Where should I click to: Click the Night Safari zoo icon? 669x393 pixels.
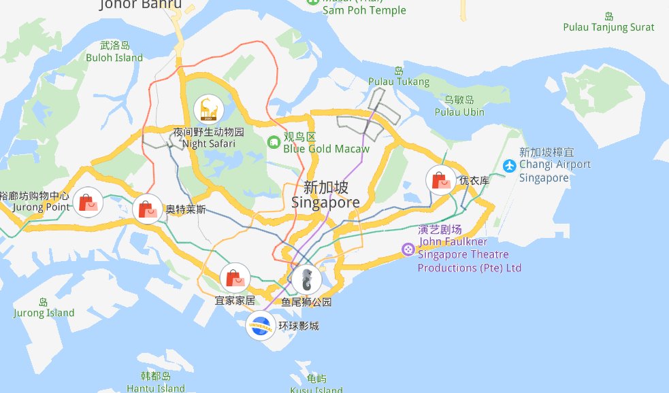tap(208, 109)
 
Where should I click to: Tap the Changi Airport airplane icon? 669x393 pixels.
tap(509, 165)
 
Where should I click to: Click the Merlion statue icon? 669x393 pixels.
tap(307, 279)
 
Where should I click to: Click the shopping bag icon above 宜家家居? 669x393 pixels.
tap(235, 277)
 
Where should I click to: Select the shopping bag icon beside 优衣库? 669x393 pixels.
tap(441, 180)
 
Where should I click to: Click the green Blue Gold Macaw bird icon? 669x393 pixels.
tap(273, 141)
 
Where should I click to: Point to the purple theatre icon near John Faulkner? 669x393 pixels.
tap(408, 249)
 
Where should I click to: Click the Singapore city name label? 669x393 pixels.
tap(325, 194)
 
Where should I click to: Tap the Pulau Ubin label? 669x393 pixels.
tap(459, 106)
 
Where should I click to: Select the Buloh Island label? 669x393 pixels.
tap(114, 52)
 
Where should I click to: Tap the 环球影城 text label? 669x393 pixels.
tap(298, 326)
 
